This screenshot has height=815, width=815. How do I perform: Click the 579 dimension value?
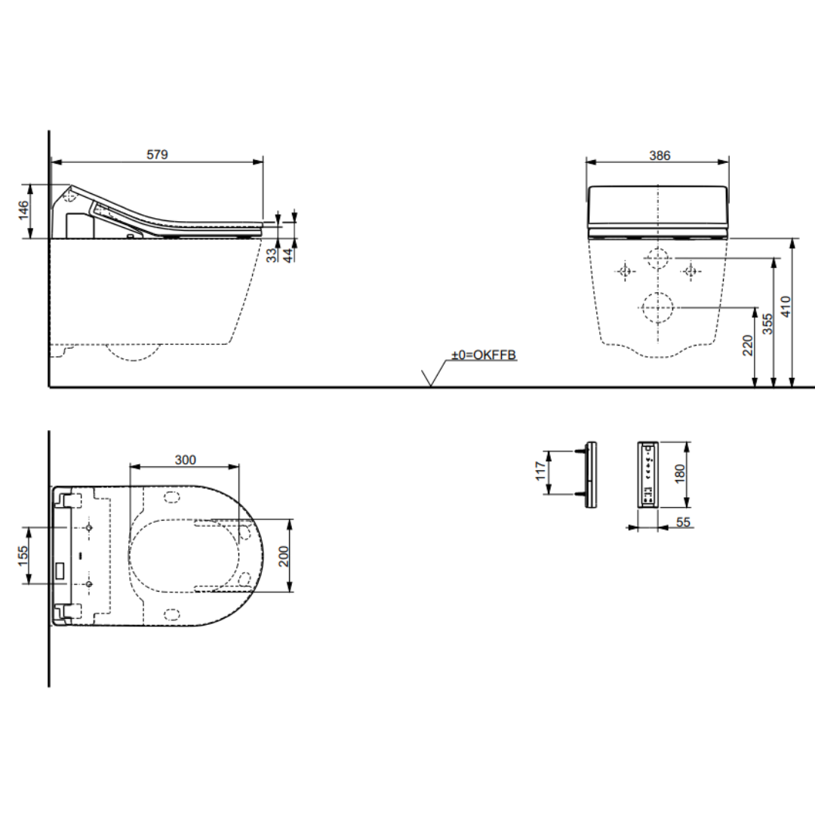click(157, 155)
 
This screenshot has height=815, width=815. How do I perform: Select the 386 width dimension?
click(660, 155)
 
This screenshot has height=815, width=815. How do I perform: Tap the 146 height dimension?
click(23, 211)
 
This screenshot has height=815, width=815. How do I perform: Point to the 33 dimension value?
click(272, 255)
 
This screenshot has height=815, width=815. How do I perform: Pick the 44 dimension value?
click(288, 255)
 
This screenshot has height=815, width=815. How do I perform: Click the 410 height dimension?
click(786, 306)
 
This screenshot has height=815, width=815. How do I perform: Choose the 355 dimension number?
click(767, 324)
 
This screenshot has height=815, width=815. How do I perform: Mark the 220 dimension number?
click(747, 345)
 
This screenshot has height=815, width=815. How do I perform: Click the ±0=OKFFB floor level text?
click(484, 355)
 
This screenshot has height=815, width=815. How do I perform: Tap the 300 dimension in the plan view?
click(185, 460)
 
